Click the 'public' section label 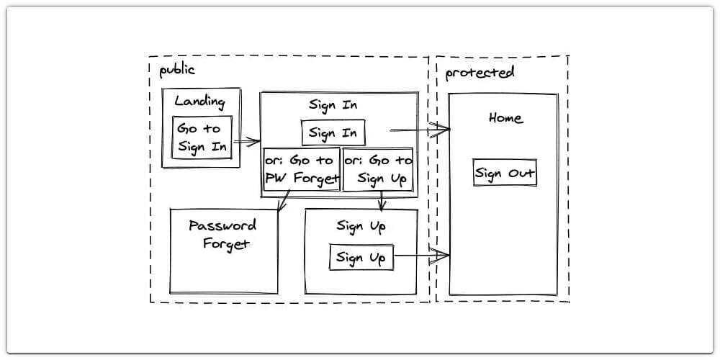point(177,70)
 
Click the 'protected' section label point(480,73)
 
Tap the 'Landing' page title point(199,102)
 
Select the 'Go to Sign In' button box point(202,138)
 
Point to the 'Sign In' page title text point(333,104)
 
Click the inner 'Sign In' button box point(333,133)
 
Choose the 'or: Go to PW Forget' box point(301,170)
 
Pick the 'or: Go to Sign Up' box point(378,170)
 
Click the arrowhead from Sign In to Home point(440,130)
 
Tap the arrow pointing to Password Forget point(284,201)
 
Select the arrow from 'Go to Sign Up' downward point(382,201)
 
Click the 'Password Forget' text point(223,234)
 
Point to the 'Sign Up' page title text point(361,226)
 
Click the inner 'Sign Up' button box point(361,257)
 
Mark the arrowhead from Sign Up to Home point(440,254)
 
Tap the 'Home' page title point(505,118)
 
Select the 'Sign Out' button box point(505,174)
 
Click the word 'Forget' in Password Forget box point(226,243)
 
